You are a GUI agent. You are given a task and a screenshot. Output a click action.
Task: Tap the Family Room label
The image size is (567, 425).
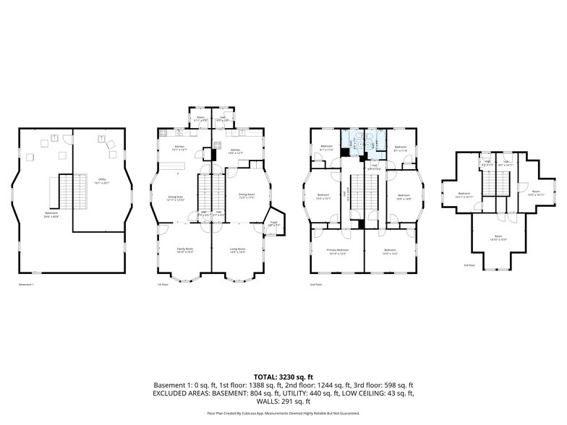[x=185, y=251]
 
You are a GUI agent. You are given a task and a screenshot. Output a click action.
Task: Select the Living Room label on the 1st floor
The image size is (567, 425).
[x=237, y=251]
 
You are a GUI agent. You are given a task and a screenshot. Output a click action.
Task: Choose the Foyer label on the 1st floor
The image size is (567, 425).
[x=273, y=224]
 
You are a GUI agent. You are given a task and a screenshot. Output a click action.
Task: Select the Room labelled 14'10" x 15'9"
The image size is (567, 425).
[x=498, y=238]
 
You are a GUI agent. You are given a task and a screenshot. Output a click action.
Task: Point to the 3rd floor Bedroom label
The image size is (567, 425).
[x=464, y=194]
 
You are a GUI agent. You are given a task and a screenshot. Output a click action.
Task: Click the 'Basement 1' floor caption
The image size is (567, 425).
[x=27, y=285]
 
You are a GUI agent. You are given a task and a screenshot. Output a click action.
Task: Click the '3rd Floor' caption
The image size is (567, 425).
[x=470, y=265]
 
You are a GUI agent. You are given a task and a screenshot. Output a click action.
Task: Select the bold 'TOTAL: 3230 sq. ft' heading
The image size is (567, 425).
[x=283, y=377]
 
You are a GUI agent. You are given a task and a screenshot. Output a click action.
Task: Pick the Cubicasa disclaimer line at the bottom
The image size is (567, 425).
[x=283, y=413]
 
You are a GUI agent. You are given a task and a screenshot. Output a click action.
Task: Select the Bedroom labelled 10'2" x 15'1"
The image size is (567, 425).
[x=323, y=196]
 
